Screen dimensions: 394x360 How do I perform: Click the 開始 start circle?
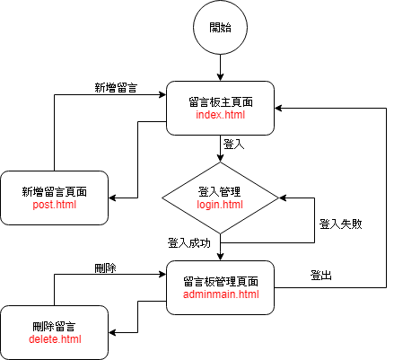coord(220,27)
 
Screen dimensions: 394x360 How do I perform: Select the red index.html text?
coord(221,115)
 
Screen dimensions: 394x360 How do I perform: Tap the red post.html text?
coord(55,205)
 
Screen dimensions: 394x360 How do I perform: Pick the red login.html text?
coord(220,205)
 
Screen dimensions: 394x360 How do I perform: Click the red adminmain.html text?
coord(221,294)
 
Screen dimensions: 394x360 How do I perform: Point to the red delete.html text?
coord(55,339)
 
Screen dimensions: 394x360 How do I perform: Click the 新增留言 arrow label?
coord(116,88)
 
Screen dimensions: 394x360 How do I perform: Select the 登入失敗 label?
coord(341,224)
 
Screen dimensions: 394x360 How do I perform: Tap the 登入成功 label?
coord(189,243)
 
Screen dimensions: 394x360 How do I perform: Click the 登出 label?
coord(321,275)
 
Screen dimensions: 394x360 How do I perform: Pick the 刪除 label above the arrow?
coord(105,268)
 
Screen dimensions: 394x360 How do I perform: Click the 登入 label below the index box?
coord(233,145)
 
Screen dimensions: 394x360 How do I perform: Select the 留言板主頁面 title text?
coord(221,102)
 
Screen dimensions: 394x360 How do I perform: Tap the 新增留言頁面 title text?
coord(55,192)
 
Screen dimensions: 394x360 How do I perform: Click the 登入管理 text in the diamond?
coord(219,192)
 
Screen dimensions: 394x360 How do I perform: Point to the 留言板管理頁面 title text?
coord(221,282)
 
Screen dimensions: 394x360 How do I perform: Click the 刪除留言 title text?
coord(54,327)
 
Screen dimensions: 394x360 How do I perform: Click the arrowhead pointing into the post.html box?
coord(112,198)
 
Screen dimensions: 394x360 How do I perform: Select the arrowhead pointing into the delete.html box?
coord(112,332)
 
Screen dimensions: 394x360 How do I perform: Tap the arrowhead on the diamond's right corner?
coord(283,198)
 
